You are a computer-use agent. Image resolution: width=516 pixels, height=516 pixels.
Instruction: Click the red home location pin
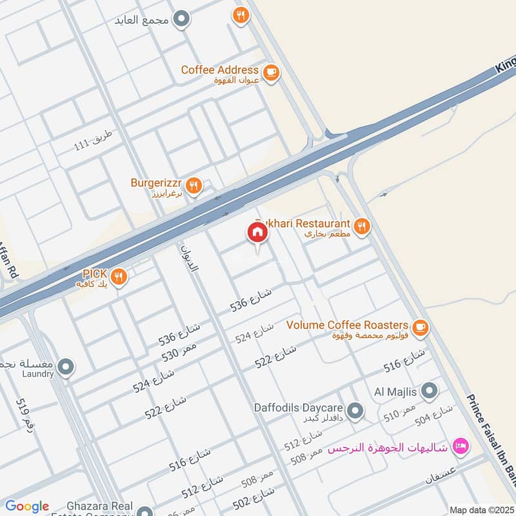pyautogui.click(x=257, y=233)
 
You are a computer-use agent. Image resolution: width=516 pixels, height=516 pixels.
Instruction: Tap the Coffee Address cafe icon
pyautogui.click(x=272, y=72)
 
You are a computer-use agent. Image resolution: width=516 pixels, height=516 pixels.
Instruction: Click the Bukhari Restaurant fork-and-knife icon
pyautogui.click(x=362, y=226)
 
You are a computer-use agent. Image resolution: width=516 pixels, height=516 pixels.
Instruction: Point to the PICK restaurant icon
pyautogui.click(x=118, y=277)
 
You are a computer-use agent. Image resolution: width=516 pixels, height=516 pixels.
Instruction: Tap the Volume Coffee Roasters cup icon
pyautogui.click(x=421, y=328)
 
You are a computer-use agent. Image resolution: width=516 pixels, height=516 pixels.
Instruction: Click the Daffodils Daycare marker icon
pyautogui.click(x=354, y=410)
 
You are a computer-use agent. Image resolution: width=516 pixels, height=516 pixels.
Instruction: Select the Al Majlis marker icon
pyautogui.click(x=430, y=391)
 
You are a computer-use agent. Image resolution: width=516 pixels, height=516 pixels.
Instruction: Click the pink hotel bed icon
pyautogui.click(x=461, y=446)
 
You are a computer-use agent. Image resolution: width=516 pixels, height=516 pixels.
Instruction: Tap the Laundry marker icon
pyautogui.click(x=65, y=368)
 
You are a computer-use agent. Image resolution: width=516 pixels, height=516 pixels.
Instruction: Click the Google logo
pyautogui.click(x=27, y=506)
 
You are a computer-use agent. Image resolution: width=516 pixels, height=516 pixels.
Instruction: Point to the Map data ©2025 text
pyautogui.click(x=481, y=510)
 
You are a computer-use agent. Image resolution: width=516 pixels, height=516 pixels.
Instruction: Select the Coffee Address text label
pyautogui.click(x=219, y=70)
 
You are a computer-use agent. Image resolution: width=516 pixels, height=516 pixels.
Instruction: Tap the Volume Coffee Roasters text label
pyautogui.click(x=348, y=324)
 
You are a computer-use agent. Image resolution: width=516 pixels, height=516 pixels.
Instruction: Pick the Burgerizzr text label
pyautogui.click(x=157, y=183)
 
